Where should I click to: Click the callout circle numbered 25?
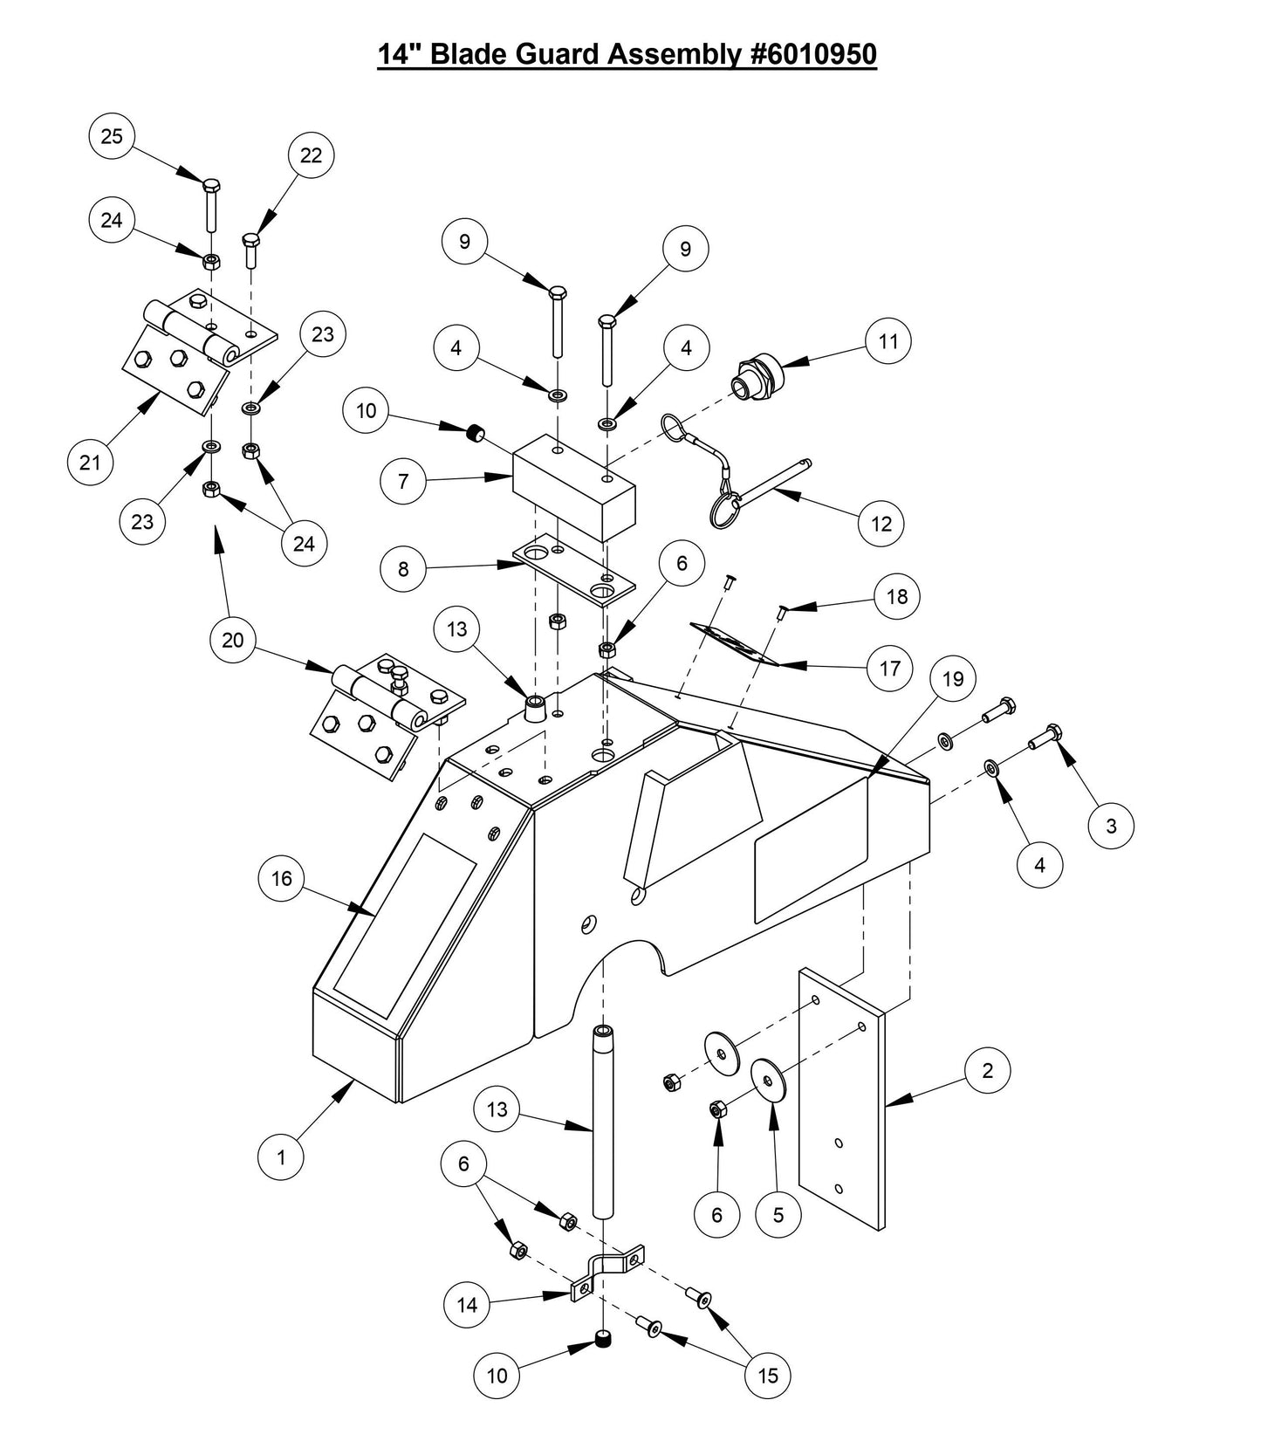click(113, 137)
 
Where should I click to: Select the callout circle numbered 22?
click(312, 155)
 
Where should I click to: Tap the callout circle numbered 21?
click(91, 463)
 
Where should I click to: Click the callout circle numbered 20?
click(233, 641)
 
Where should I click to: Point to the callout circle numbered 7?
click(403, 482)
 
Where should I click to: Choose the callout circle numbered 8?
click(403, 569)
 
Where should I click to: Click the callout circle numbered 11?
click(888, 341)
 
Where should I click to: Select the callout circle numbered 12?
click(881, 524)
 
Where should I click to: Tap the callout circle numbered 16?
click(282, 878)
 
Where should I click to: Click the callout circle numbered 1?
click(281, 1158)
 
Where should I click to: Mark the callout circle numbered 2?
click(988, 1071)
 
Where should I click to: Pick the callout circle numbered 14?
click(468, 1305)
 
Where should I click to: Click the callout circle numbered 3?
click(1111, 826)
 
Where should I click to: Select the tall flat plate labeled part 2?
click(842, 1100)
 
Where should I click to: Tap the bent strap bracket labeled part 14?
click(605, 1271)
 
